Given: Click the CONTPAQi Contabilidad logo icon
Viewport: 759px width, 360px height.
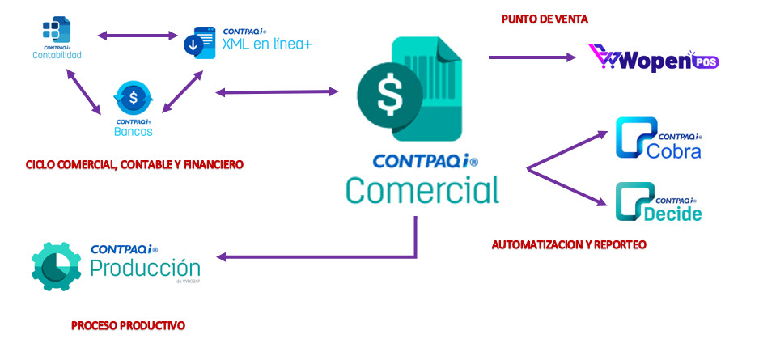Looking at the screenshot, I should [x=57, y=30].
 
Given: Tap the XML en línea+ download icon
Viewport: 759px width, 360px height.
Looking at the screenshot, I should [x=197, y=43].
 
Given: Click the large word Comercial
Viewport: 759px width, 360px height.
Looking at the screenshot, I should [x=422, y=190].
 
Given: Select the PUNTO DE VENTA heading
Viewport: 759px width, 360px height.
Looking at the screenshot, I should [x=544, y=18].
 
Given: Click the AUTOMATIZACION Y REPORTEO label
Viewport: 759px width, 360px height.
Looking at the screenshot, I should [x=569, y=244].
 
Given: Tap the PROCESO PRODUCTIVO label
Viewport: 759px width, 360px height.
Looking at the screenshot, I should [x=128, y=325].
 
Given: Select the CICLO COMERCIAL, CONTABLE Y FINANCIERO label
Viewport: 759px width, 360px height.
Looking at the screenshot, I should [x=134, y=165].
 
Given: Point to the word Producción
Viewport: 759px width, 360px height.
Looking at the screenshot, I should [x=145, y=268].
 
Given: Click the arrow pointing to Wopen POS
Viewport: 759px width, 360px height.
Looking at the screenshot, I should [x=535, y=57].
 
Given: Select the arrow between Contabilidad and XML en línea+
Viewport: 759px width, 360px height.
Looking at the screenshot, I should [x=138, y=35].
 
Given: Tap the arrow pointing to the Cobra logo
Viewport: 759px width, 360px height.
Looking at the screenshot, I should [x=566, y=150].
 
